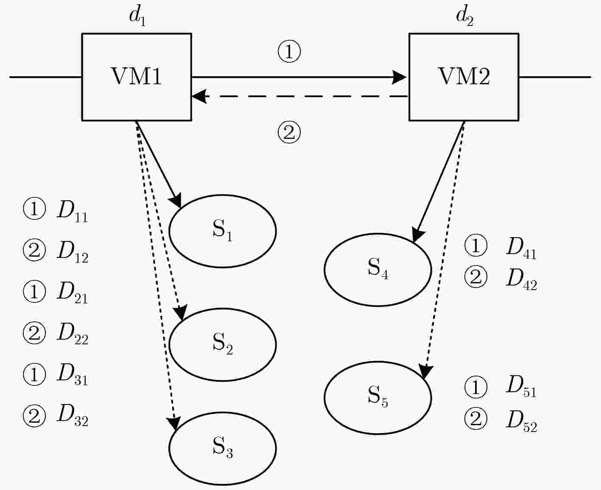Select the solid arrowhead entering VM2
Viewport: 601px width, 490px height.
(x=399, y=77)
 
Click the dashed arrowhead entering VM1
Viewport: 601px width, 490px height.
(x=199, y=97)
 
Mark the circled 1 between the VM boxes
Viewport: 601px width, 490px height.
(x=289, y=52)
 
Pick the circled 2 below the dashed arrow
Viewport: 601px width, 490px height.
(x=289, y=132)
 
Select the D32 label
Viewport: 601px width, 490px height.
(x=73, y=416)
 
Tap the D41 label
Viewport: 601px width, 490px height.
(x=522, y=248)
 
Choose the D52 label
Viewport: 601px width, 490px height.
(x=522, y=422)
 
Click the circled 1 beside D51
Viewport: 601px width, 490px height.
(x=476, y=387)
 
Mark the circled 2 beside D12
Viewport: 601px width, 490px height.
(x=34, y=250)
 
